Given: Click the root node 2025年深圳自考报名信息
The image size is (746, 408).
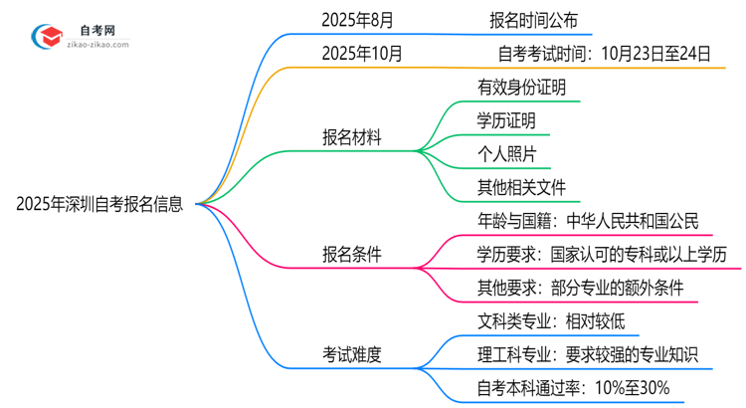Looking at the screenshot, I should click(99, 205).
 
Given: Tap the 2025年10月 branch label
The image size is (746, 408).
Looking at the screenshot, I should click(360, 54).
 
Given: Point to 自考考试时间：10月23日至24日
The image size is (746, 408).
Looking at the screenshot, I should click(603, 54).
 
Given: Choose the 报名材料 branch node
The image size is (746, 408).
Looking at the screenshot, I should click(350, 138).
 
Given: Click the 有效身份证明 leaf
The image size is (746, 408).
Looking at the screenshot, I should click(521, 87).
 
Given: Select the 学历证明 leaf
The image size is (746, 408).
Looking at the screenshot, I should click(506, 120).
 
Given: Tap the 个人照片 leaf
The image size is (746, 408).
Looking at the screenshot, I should click(506, 154).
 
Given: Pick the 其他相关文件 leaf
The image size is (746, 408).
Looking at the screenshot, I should click(521, 188).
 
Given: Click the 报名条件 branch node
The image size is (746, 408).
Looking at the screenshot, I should click(350, 255).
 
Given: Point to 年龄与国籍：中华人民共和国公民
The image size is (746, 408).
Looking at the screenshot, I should click(588, 221).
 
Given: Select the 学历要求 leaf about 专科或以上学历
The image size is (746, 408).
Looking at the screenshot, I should click(602, 255).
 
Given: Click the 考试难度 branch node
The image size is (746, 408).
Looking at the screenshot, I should click(350, 353).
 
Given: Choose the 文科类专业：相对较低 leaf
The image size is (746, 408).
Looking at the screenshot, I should click(551, 321).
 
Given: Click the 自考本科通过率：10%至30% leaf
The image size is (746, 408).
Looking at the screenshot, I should click(573, 387).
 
